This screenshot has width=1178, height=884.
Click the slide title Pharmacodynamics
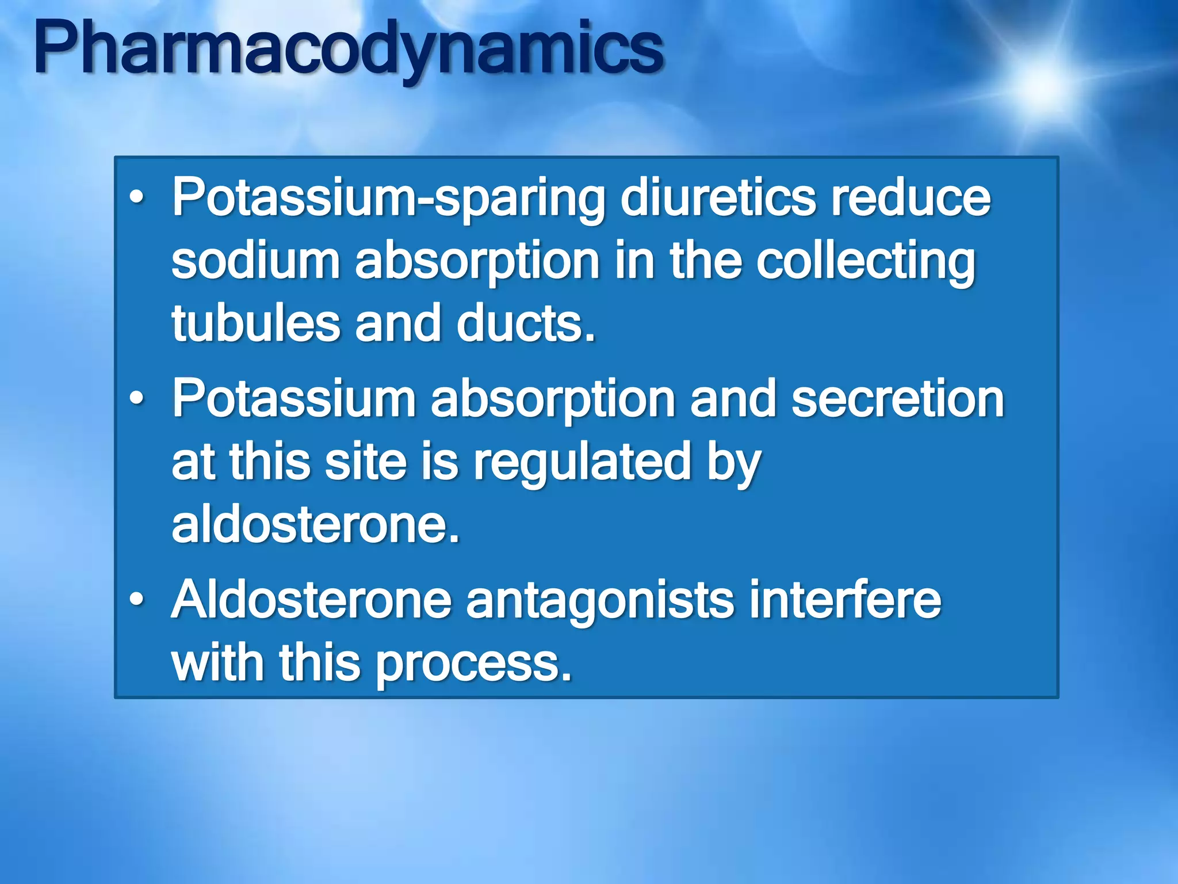(x=349, y=49)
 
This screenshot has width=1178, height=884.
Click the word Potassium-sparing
(x=389, y=199)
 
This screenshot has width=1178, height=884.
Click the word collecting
(x=865, y=262)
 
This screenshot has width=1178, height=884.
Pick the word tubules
(x=255, y=323)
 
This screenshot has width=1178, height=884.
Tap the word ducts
(x=526, y=323)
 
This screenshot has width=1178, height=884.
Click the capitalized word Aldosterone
(x=311, y=600)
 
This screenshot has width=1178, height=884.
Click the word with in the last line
(x=217, y=662)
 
